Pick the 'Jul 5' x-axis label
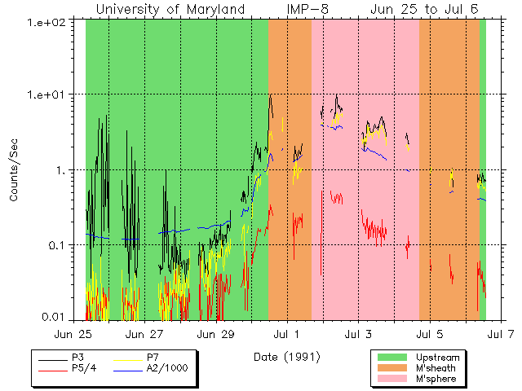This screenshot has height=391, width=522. (431, 334)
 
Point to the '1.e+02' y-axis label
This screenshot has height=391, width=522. (46, 20)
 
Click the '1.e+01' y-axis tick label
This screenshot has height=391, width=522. (46, 95)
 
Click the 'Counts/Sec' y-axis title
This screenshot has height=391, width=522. (15, 170)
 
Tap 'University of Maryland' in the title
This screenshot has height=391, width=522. (170, 9)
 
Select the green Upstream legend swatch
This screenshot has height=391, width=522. (392, 357)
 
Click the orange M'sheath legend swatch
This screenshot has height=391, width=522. (392, 368)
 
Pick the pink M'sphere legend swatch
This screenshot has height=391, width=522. (392, 380)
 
